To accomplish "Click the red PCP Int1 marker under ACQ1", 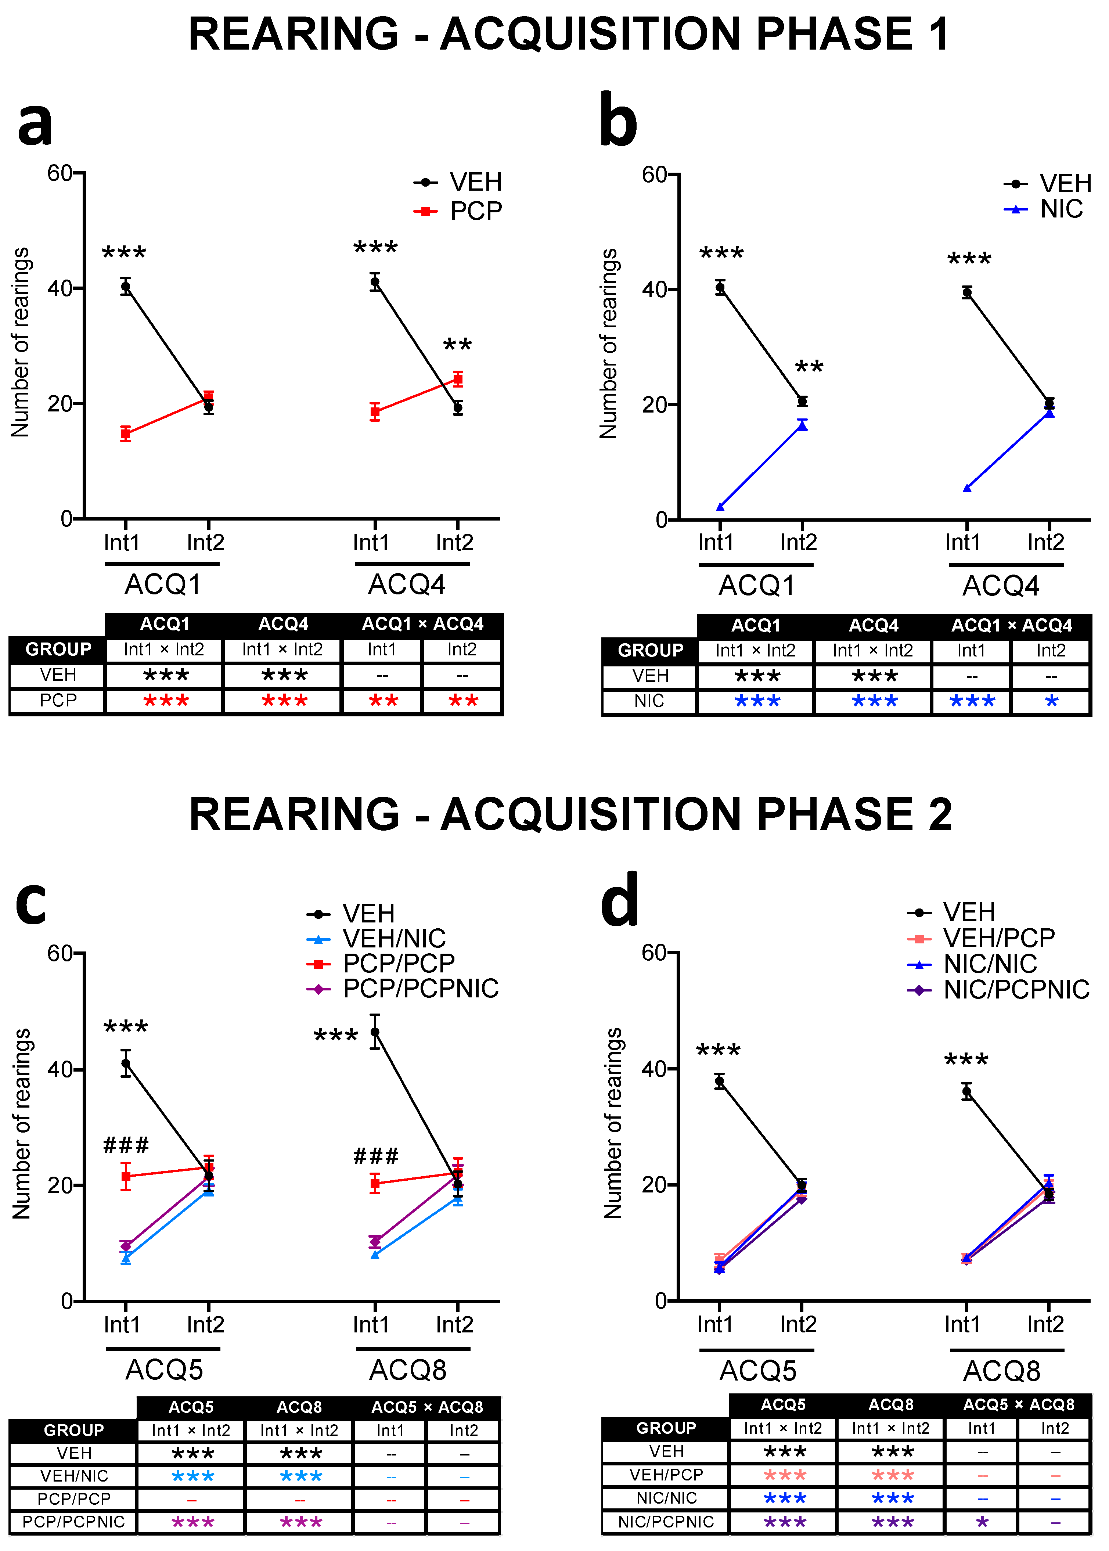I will (x=126, y=434).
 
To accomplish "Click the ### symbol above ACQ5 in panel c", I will (x=126, y=1145).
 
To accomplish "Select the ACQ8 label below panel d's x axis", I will (x=1001, y=1371).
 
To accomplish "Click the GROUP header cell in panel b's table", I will (x=650, y=650).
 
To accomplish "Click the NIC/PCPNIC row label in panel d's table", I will (x=666, y=1522).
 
